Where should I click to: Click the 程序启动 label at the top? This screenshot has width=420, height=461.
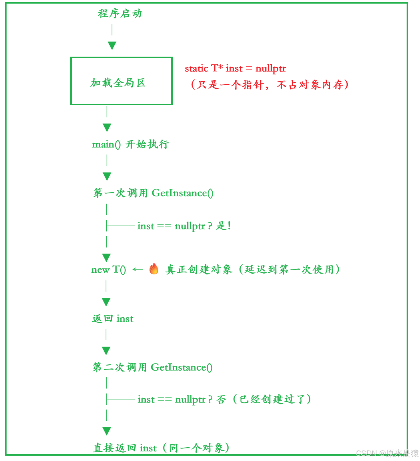click(x=119, y=13)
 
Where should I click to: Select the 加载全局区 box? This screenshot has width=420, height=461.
click(x=121, y=81)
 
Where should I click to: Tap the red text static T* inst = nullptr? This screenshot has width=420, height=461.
click(x=235, y=69)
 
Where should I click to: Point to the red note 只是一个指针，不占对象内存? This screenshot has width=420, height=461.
click(x=269, y=85)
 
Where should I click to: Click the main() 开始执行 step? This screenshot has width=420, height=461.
click(x=130, y=145)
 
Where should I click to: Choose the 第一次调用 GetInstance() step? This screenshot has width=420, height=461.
click(x=153, y=193)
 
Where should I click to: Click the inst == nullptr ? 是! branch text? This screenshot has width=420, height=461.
click(x=184, y=226)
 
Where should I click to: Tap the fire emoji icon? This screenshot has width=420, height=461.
click(x=154, y=269)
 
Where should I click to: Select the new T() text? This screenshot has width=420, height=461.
click(x=109, y=270)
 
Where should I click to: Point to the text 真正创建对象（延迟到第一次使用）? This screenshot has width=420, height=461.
click(x=253, y=269)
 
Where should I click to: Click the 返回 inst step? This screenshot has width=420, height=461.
click(x=113, y=319)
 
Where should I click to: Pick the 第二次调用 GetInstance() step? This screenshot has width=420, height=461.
click(x=152, y=367)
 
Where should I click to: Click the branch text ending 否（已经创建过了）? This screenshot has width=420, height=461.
click(x=224, y=399)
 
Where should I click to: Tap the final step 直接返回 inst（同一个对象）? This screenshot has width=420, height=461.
click(x=161, y=448)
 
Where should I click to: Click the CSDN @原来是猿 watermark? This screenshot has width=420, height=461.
click(x=387, y=453)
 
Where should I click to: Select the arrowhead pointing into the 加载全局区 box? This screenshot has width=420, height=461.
click(x=112, y=46)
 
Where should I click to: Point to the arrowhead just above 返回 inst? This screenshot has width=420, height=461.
click(x=106, y=302)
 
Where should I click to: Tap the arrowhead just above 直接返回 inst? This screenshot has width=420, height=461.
click(x=107, y=431)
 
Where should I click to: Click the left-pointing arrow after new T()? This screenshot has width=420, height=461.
click(x=138, y=269)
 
